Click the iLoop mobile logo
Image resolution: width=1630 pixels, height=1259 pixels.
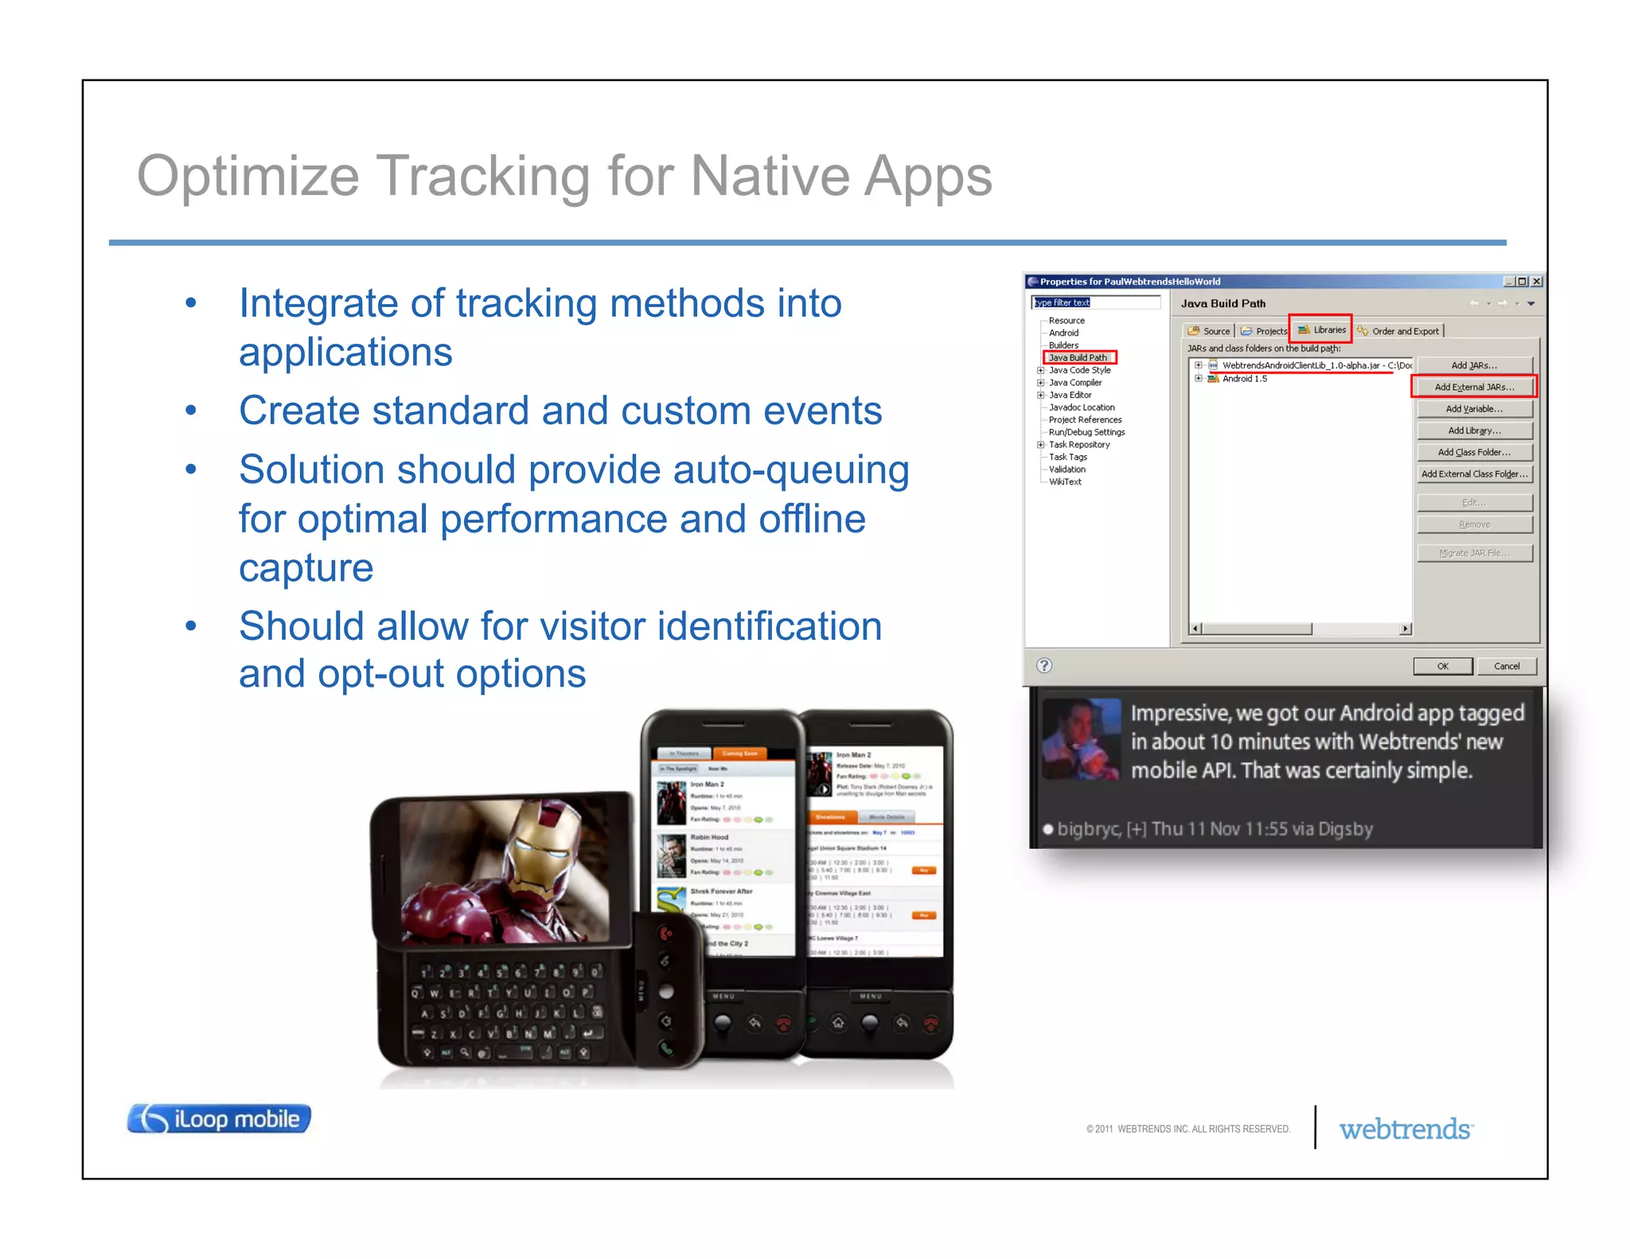tap(219, 1118)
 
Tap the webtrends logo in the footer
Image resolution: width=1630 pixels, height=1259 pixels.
tap(1406, 1128)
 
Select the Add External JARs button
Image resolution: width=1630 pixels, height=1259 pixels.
tap(1473, 387)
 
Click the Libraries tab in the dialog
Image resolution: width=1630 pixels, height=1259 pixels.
tap(1322, 329)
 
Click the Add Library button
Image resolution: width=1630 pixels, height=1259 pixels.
tap(1473, 431)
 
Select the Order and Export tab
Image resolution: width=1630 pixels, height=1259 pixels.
tap(1400, 331)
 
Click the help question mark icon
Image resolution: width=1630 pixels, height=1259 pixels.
tap(1044, 665)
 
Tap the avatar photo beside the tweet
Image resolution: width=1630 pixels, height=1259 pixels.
tap(1081, 739)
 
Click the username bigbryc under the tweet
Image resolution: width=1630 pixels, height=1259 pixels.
tap(1088, 828)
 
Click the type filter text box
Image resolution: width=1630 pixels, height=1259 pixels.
tap(1095, 302)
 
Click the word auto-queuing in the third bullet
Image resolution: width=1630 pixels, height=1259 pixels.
tap(790, 470)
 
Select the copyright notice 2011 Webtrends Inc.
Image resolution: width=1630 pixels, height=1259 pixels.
tap(1187, 1128)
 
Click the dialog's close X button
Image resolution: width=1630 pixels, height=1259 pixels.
tap(1537, 281)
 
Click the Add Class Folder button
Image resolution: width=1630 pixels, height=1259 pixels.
tap(1473, 452)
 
